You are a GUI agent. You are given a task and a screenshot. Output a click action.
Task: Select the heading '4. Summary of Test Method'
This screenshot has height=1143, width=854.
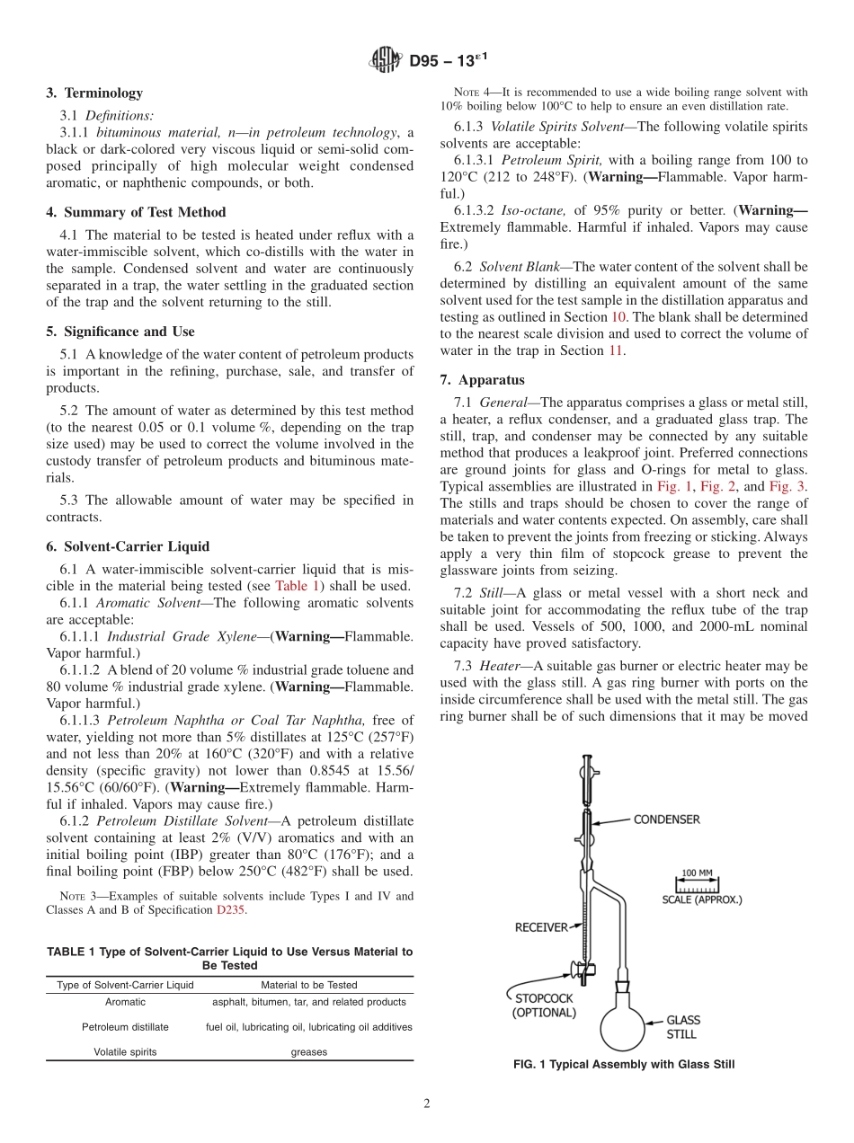tap(136, 212)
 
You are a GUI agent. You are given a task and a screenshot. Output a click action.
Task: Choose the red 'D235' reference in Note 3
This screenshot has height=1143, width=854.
tap(229, 909)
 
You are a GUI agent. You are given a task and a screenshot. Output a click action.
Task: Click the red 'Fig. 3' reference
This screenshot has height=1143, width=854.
tap(787, 485)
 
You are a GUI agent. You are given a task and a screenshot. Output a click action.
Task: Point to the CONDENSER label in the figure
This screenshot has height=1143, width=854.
tap(666, 820)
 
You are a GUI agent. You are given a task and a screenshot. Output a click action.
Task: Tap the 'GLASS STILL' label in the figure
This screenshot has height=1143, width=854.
tap(682, 1027)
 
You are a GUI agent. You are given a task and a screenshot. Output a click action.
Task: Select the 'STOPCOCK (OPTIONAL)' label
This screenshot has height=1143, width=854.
tap(544, 1005)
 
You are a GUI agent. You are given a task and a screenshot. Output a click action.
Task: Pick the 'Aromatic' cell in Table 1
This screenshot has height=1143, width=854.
tap(125, 1002)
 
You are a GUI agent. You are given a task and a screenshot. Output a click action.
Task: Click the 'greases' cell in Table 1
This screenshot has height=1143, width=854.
tap(309, 1051)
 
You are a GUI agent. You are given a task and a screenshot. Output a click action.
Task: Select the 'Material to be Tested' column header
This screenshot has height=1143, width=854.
tap(309, 985)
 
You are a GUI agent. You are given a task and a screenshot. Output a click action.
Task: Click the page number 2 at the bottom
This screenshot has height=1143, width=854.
tap(427, 1104)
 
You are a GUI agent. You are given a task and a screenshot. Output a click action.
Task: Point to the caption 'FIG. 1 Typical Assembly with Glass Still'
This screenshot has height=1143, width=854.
tap(623, 1065)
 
